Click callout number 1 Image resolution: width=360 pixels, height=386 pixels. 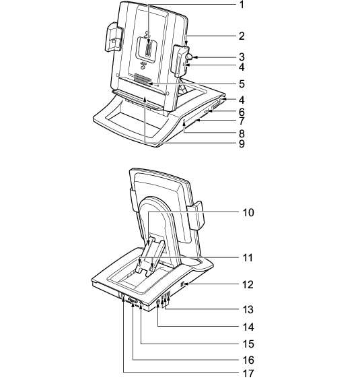(x=242, y=5)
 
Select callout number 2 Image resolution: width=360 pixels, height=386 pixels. (x=242, y=36)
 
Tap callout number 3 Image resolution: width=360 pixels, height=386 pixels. (x=242, y=57)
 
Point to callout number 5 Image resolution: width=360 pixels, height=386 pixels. (x=242, y=84)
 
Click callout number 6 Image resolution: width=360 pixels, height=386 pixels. (x=242, y=112)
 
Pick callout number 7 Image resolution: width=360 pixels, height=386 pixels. (x=242, y=121)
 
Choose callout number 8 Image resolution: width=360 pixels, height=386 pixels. (x=242, y=133)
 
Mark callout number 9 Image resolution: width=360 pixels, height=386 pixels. (x=242, y=143)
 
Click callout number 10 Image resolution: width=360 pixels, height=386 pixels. (x=248, y=212)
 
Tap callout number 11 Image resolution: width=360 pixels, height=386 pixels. (x=248, y=258)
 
